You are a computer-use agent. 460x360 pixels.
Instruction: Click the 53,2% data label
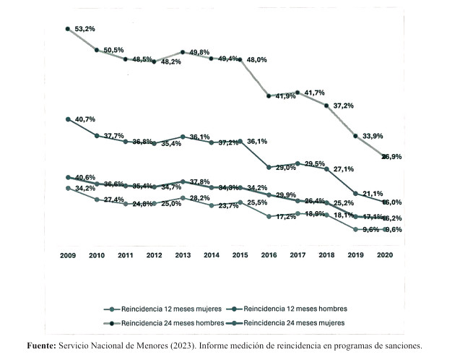coord(84,29)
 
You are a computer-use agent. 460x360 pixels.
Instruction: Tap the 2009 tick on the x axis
coord(68,256)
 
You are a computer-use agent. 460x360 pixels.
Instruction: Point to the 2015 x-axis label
coord(240,256)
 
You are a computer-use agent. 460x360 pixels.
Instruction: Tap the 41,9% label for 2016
coord(282,96)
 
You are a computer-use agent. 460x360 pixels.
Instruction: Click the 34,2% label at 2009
coord(84,189)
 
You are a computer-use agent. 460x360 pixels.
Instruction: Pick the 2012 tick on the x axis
coord(154,256)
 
